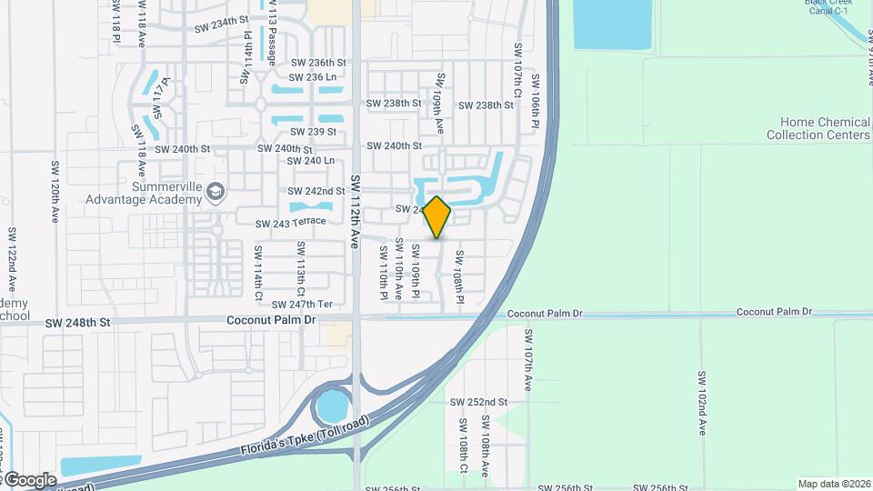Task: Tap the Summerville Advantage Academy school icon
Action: [215, 191]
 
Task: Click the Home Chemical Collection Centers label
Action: [818, 128]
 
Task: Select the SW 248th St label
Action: [77, 322]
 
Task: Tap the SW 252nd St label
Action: [478, 402]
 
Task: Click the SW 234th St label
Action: [221, 28]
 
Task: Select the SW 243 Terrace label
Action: [290, 223]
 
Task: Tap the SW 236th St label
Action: [318, 63]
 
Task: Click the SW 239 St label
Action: [312, 132]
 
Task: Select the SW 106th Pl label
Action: [537, 99]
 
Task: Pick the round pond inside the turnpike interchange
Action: [333, 405]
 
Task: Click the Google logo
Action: [29, 480]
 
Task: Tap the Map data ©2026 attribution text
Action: [834, 484]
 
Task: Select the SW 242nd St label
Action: [316, 191]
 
